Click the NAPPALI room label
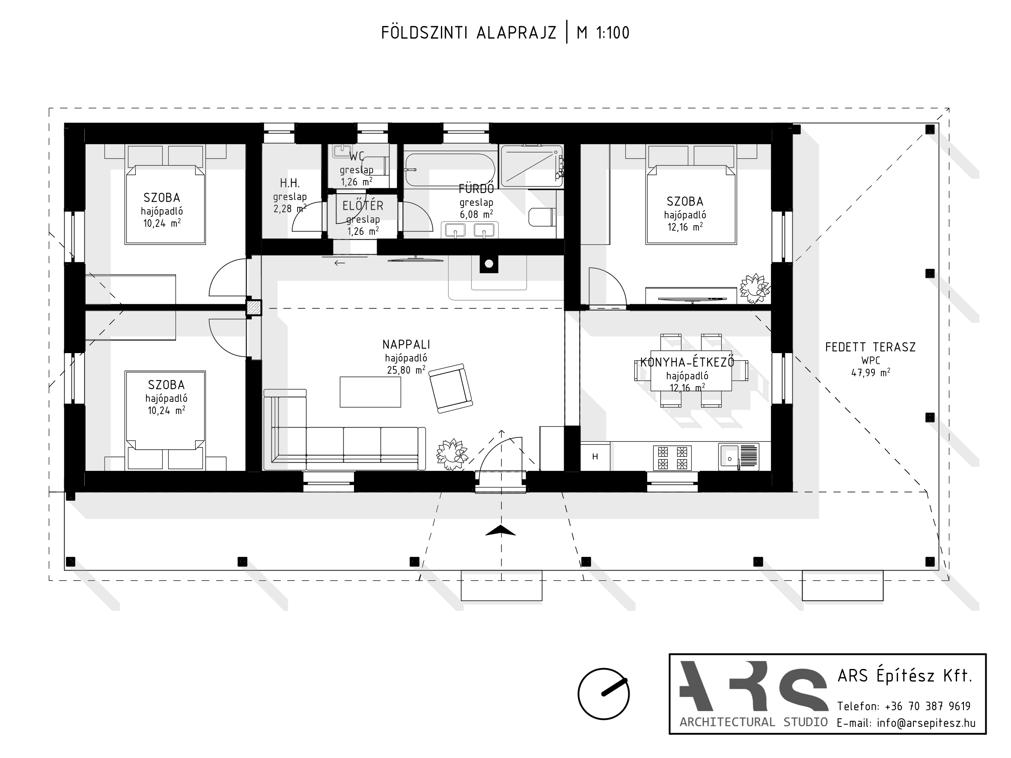tap(406, 345)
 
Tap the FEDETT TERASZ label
tap(870, 347)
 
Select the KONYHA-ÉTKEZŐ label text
tap(687, 363)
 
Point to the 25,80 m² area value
tap(406, 370)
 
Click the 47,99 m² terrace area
tap(870, 372)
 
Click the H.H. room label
tap(290, 183)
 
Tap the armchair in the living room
tap(451, 388)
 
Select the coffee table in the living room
tap(370, 392)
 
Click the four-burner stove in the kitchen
tap(672, 458)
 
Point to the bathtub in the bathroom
tap(450, 170)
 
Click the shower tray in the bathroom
tap(532, 166)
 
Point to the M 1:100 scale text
tap(604, 33)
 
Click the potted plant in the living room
tap(452, 454)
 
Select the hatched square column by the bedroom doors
tap(254, 307)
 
